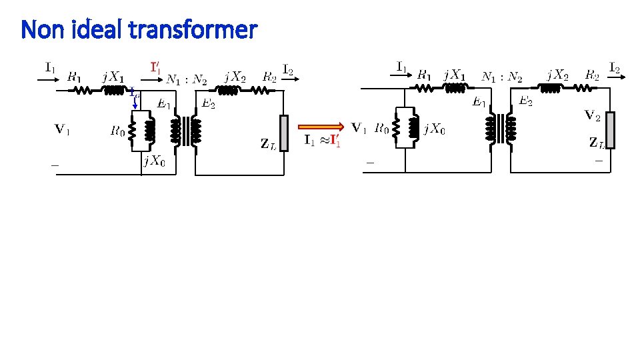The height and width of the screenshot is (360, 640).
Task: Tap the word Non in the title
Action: pos(42,30)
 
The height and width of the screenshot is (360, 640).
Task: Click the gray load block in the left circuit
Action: pos(284,133)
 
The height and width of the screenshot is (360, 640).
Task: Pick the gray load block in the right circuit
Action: pos(609,130)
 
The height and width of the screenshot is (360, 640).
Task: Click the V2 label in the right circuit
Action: pos(592,116)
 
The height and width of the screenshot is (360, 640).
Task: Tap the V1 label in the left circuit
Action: pos(63,129)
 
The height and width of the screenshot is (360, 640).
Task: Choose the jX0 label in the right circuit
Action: pos(435,129)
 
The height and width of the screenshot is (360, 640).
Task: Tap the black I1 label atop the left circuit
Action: pos(51,67)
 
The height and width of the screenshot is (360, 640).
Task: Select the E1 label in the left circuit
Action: pos(164,104)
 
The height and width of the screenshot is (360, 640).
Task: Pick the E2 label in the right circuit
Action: pos(526,101)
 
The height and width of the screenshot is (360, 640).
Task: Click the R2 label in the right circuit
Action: pos(592,75)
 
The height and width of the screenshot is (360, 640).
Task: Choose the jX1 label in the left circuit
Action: pos(113,77)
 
